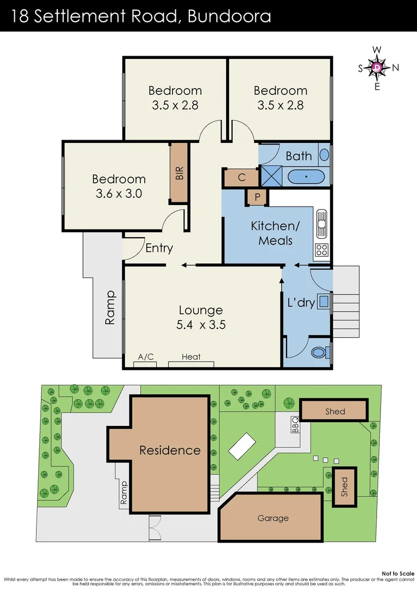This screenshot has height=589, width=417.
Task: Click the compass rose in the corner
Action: [378, 68]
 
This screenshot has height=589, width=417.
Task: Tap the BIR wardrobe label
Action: [179, 172]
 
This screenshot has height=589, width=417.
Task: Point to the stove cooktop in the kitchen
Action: [321, 250]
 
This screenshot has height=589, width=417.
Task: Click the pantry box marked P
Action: [257, 196]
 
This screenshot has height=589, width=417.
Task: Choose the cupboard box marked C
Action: [241, 177]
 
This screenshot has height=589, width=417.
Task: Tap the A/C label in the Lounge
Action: [146, 357]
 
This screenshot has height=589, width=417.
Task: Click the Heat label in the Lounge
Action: [191, 357]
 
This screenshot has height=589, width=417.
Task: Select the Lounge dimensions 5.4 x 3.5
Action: [200, 325]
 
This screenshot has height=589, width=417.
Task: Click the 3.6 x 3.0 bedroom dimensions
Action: [118, 194]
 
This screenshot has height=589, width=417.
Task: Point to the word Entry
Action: [159, 249]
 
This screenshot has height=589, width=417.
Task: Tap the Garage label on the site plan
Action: [273, 518]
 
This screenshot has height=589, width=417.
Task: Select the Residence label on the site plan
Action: [170, 450]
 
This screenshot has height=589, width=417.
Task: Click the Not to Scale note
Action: [398, 573]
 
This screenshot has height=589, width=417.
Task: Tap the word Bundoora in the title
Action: [229, 16]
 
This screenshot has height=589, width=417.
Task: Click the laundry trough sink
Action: [324, 301]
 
